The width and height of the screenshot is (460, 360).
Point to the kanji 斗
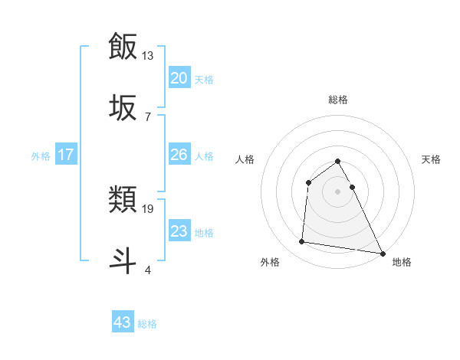[123, 259]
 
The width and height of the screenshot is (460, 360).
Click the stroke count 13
[148, 56]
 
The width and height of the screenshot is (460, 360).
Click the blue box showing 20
[179, 77]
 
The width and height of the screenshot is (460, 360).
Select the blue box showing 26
[179, 155]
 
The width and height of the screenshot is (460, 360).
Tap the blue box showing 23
[179, 231]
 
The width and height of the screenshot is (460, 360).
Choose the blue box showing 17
[66, 155]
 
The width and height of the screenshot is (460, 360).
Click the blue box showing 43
[123, 322]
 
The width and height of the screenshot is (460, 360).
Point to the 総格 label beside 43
[148, 324]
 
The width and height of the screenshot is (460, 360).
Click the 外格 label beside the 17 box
[41, 156]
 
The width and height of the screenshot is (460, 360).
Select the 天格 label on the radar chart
[432, 159]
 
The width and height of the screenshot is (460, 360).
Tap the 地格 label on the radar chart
[402, 262]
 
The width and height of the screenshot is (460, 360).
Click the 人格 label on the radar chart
[245, 159]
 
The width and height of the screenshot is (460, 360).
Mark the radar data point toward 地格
[383, 253]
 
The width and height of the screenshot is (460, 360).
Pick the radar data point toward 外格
[302, 242]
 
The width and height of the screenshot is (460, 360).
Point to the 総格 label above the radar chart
[338, 100]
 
